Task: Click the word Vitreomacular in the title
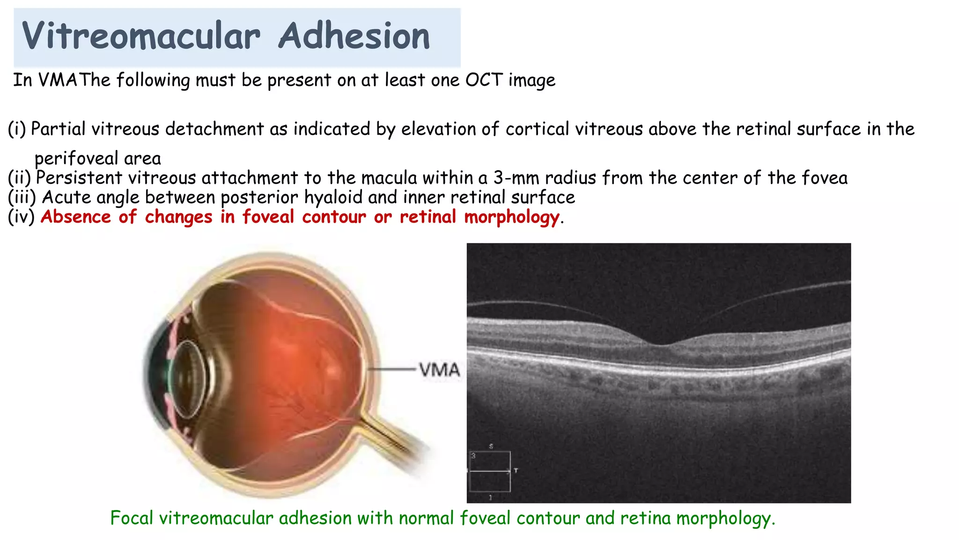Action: click(140, 37)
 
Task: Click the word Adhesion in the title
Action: click(354, 37)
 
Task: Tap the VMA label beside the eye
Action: click(439, 370)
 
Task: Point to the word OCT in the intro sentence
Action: click(484, 80)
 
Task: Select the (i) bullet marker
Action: click(17, 129)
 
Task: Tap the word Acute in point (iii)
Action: click(66, 197)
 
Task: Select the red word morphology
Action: click(511, 217)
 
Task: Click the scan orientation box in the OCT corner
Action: click(490, 471)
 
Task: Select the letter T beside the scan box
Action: click(516, 471)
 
